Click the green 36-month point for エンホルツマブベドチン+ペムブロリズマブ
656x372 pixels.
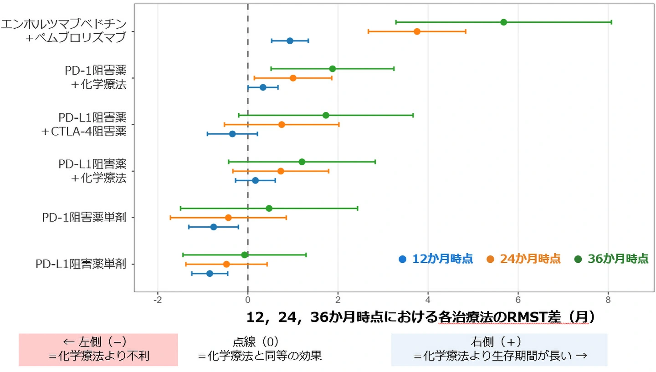click(x=503, y=22)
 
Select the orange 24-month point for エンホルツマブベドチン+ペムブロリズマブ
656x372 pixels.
click(x=417, y=31)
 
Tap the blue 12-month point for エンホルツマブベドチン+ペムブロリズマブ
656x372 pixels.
click(x=290, y=41)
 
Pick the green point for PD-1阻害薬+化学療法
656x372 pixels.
click(x=332, y=69)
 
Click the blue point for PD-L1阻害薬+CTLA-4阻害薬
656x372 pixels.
click(x=232, y=134)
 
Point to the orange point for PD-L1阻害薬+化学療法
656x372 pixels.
click(x=281, y=171)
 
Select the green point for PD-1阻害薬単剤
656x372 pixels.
click(x=269, y=208)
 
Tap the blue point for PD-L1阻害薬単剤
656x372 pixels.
click(x=210, y=274)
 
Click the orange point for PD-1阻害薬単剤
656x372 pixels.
click(x=228, y=218)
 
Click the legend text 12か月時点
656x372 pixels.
click(x=442, y=259)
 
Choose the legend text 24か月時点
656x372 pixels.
click(x=530, y=259)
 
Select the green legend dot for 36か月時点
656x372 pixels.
click(x=578, y=259)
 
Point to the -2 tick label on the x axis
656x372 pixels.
click(x=158, y=300)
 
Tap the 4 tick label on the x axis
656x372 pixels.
click(x=428, y=300)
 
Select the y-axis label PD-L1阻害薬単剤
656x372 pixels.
click(x=81, y=264)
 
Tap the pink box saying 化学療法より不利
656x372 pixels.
click(x=98, y=350)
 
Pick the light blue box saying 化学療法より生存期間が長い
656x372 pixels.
click(x=499, y=350)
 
